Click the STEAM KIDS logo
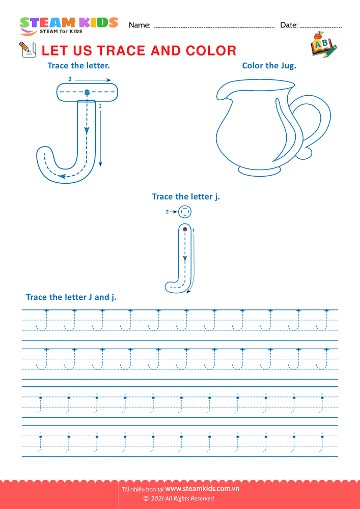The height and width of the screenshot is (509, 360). pos(69,25)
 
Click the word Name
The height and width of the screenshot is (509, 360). pos(140,25)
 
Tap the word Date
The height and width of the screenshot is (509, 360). pos(289,25)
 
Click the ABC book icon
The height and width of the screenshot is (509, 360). pos(323,45)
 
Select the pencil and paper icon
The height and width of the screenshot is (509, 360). pos(28,50)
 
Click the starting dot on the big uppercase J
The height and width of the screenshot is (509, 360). pos(87,93)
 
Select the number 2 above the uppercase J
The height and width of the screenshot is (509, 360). pos(70,79)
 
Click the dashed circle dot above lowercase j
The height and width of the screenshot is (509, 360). pos(185,212)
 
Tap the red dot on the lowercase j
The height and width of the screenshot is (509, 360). pos(185,229)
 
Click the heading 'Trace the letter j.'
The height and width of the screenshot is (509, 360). pos(186,196)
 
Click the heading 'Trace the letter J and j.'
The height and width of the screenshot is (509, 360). pos(71,297)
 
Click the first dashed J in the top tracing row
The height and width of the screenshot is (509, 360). pos(42,320)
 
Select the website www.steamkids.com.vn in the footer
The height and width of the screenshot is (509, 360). pos(202,489)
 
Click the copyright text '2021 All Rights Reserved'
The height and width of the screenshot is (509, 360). pos(182,499)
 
